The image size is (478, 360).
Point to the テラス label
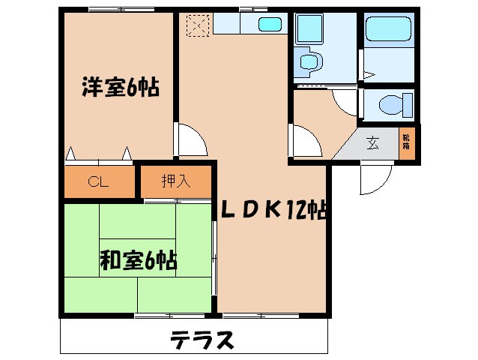coord(202,340)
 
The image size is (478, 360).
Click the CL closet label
coord(99,181)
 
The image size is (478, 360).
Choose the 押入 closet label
coord(176,181)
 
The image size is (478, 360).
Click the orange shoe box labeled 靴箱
coord(406,142)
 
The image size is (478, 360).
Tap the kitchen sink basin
coord(270,24)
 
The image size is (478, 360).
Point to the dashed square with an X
coord(197,25)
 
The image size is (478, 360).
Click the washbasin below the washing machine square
coord(307,61)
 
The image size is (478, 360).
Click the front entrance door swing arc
coord(375,177)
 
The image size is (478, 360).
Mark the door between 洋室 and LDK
coord(189,139)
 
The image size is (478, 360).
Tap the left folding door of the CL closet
coord(72,154)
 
